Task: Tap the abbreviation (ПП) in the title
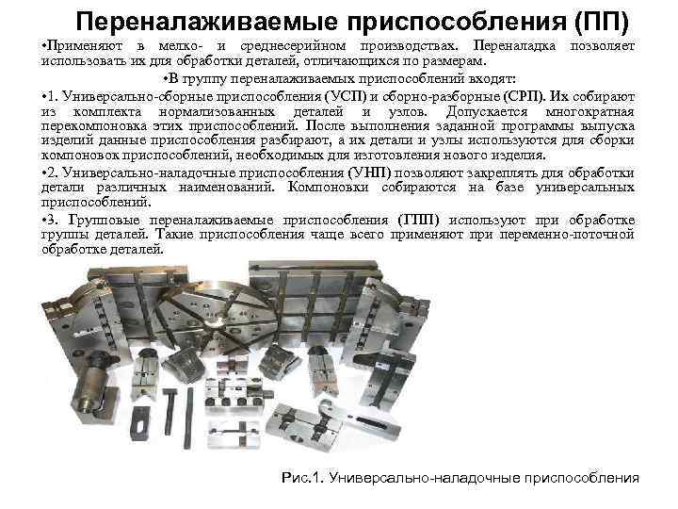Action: (x=602, y=21)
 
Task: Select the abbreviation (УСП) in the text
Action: (x=345, y=96)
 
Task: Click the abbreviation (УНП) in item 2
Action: (x=369, y=173)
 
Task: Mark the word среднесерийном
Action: (x=293, y=46)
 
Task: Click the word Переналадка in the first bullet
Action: (x=514, y=45)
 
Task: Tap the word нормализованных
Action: (x=217, y=111)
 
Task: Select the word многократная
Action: (x=589, y=111)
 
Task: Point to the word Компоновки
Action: (x=328, y=188)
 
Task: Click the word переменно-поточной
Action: (x=567, y=235)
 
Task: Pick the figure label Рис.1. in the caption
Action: (x=302, y=478)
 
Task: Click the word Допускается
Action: (x=487, y=111)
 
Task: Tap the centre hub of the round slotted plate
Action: (x=215, y=323)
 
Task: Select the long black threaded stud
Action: (x=189, y=418)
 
